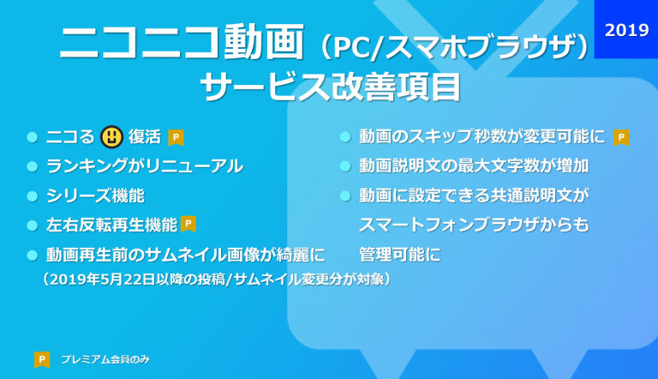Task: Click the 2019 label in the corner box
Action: (626, 30)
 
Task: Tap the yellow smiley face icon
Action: (111, 137)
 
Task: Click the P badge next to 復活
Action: (176, 137)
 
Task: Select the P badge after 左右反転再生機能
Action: (188, 224)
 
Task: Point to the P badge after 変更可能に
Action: (621, 137)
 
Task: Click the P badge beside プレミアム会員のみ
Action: (42, 359)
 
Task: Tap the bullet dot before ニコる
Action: (33, 137)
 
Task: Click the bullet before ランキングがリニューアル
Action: (33, 166)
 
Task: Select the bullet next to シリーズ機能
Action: (33, 196)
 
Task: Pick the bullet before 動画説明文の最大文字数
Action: (345, 166)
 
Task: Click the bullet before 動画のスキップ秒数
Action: (345, 137)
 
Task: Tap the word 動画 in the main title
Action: (264, 41)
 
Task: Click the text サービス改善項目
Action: (331, 87)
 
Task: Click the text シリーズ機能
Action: (95, 196)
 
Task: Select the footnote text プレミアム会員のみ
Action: (105, 359)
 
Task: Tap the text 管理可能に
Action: (400, 255)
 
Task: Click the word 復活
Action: (145, 137)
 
